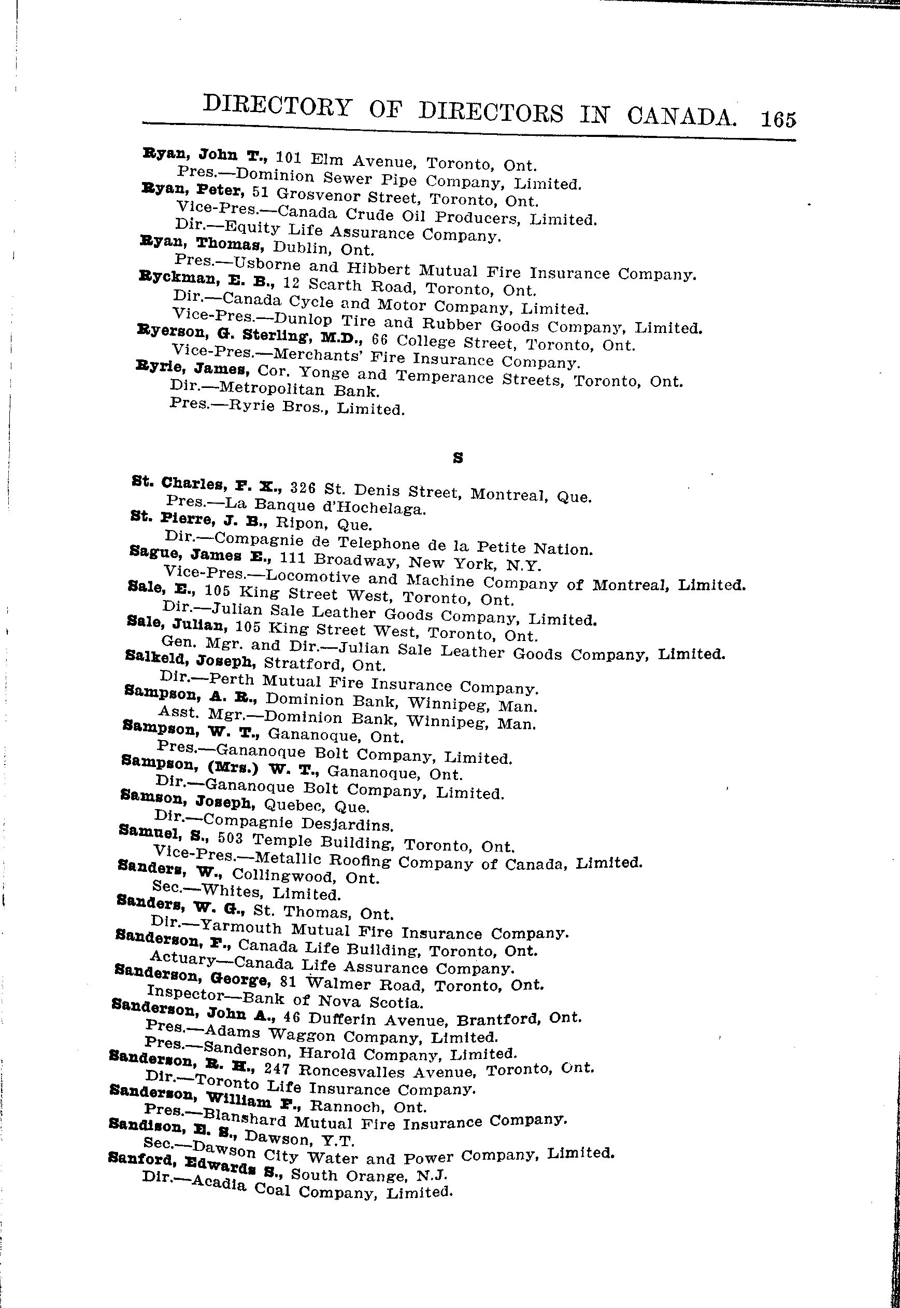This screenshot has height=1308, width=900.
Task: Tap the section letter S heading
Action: click(458, 460)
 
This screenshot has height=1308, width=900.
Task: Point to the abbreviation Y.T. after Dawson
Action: click(336, 1142)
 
